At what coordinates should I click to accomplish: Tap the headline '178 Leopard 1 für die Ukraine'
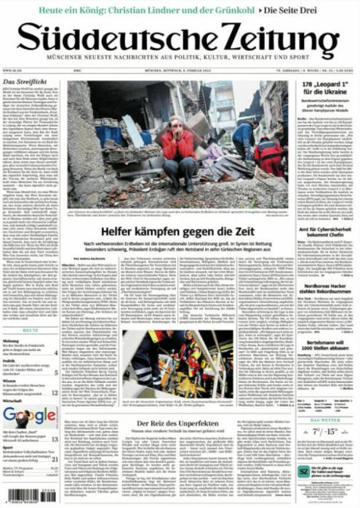point(327,91)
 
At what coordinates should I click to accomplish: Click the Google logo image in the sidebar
point(29,416)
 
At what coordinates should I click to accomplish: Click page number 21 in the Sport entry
point(55,459)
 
